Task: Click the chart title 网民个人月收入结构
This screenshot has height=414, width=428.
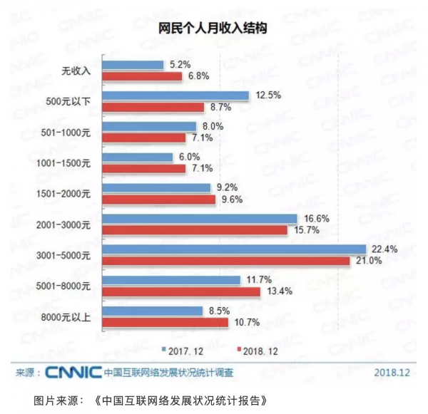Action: coord(213,29)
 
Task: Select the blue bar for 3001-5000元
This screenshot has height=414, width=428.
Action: coord(234,249)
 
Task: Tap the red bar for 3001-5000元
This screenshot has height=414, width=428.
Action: coord(226,261)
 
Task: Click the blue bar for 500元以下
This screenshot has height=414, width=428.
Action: coord(175,95)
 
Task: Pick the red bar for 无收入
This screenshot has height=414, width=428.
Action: coord(142,76)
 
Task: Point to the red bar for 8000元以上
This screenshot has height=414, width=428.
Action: coord(165,323)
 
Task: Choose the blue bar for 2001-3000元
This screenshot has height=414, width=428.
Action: coord(200,219)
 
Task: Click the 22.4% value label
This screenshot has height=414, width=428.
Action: coord(384,249)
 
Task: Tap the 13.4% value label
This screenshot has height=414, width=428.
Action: coord(280,291)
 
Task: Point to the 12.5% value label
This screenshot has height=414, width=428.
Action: coord(268,95)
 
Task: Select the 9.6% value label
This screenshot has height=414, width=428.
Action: coord(232,200)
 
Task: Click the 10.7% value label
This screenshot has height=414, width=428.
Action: coord(247,322)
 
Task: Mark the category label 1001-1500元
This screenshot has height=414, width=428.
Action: coord(63,163)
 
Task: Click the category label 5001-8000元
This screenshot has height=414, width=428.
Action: coord(63,286)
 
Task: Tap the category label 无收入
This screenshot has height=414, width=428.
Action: coord(76,71)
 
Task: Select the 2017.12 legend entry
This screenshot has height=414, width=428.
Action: coord(183,351)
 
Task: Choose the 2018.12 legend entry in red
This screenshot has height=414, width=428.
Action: coord(258,351)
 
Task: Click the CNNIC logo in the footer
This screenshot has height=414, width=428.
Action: coord(73,373)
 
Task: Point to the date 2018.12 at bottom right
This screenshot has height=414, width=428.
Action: coord(392,373)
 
